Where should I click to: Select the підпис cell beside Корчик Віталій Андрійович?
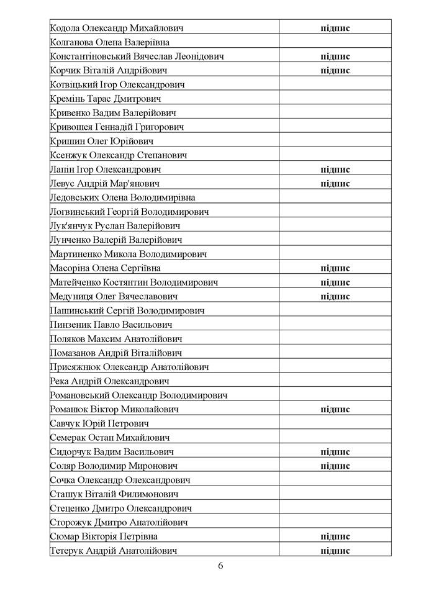[335, 70]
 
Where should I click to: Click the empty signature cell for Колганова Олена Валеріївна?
[335, 42]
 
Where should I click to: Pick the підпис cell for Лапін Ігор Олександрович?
[335, 169]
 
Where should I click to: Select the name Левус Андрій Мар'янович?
[104, 184]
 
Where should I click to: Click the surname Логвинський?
[76, 212]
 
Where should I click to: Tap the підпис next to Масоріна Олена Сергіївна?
[335, 268]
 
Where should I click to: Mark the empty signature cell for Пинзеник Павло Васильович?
[335, 325]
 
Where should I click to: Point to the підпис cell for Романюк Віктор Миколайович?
[335, 410]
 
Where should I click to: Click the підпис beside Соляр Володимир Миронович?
[335, 466]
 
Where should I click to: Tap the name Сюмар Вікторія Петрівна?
[103, 536]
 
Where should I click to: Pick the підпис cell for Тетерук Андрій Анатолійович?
[335, 551]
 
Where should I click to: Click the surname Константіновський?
[87, 56]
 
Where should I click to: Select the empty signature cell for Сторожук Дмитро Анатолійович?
[335, 523]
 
